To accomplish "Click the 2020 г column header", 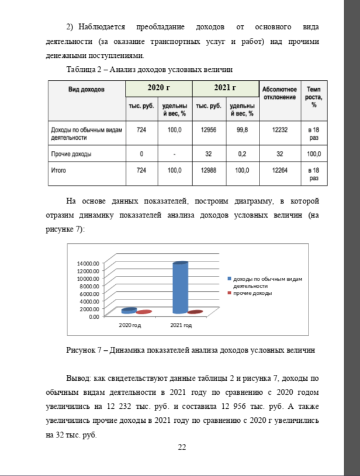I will pos(158,88).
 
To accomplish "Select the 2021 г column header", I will pos(225,88).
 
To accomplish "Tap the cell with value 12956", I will pos(208,130).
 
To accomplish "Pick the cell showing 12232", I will pos(280,130).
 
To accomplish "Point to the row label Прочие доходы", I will pos(72,154).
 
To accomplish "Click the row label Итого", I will pos(59,170).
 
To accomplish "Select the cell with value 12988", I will pos(208,170).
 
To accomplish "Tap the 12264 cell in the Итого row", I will pos(280,170).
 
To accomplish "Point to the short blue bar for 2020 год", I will pos(129,311).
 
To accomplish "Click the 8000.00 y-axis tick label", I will pos(91,287).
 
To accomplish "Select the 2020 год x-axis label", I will pos(129,325).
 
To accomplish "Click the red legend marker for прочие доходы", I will pos(230,293).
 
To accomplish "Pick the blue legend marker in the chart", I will pos(230,280).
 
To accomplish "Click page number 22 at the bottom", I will pos(182,447).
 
